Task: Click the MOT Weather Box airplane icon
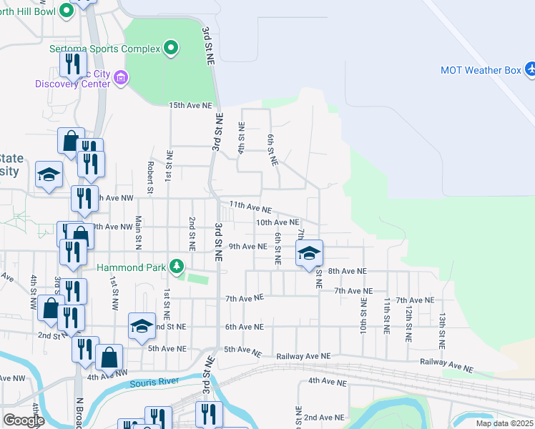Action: (x=531, y=70)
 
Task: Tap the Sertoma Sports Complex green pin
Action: (x=171, y=49)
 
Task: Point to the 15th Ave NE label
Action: (x=191, y=105)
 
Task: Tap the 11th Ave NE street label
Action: (x=250, y=208)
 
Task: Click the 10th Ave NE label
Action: (x=278, y=222)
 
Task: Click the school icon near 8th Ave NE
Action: (x=309, y=253)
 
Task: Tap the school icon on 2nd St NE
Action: (x=142, y=326)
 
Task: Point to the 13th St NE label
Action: (x=443, y=325)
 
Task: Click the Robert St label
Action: (x=150, y=177)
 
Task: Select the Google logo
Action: (x=24, y=420)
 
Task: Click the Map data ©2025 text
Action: (x=505, y=423)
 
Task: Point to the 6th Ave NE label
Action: (x=245, y=327)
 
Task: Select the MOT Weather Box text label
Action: (x=480, y=70)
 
